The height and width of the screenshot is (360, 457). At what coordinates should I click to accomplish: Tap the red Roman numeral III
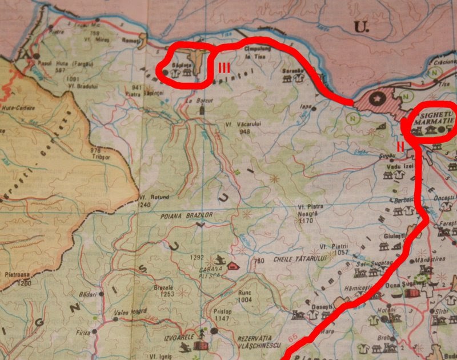coord(223,68)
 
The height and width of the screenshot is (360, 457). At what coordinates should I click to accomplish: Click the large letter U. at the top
coord(360,26)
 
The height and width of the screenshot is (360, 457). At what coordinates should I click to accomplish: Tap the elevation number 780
coord(260,261)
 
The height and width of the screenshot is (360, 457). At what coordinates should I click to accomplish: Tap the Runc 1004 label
coord(245,295)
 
